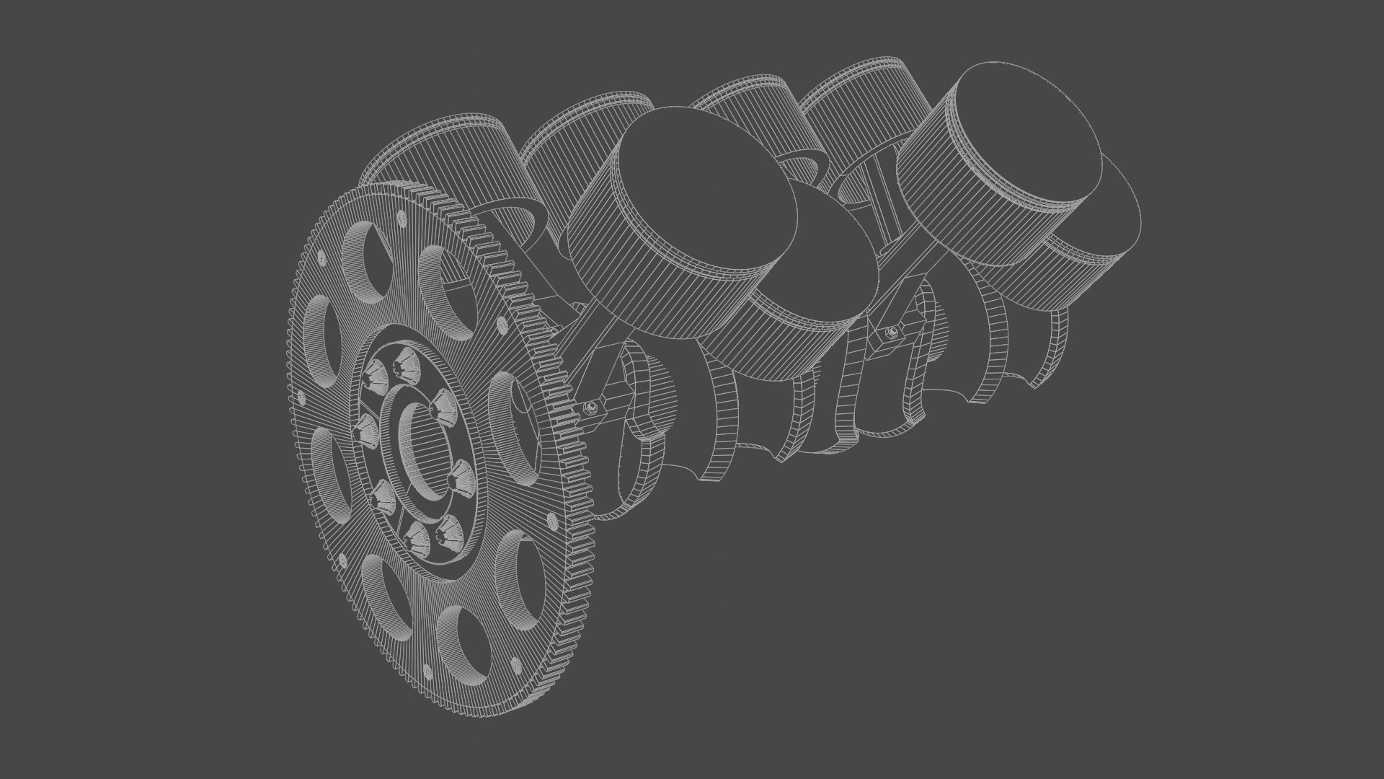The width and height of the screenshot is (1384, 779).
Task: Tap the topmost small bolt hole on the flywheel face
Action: tap(399, 214)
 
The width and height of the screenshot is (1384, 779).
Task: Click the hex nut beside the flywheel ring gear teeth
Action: tap(590, 409)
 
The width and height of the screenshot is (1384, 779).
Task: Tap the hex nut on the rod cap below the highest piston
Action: tap(892, 332)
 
